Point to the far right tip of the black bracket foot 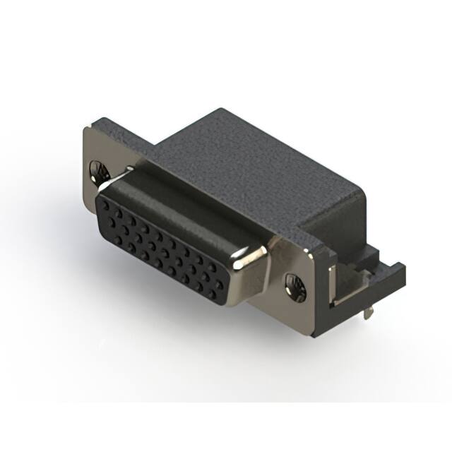(x=403, y=267)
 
